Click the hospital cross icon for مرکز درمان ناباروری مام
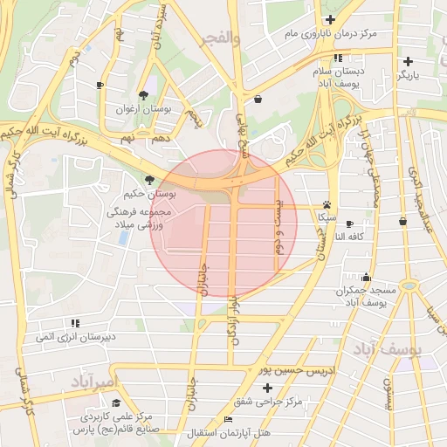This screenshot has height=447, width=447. click(330, 19)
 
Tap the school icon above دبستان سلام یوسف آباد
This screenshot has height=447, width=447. click(338, 58)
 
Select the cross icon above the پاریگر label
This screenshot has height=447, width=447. click(409, 60)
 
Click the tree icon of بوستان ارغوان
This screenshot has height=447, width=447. click(143, 95)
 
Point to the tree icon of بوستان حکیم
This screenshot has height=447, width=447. click(149, 178)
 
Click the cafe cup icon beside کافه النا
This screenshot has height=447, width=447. click(350, 224)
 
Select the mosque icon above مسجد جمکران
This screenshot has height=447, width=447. click(366, 278)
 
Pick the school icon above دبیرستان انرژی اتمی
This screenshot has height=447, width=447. click(74, 323)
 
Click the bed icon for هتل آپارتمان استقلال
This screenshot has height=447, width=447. click(229, 420)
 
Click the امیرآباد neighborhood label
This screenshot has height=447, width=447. click(93, 382)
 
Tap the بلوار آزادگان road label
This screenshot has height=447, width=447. click(234, 319)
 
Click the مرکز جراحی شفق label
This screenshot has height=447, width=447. click(274, 402)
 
